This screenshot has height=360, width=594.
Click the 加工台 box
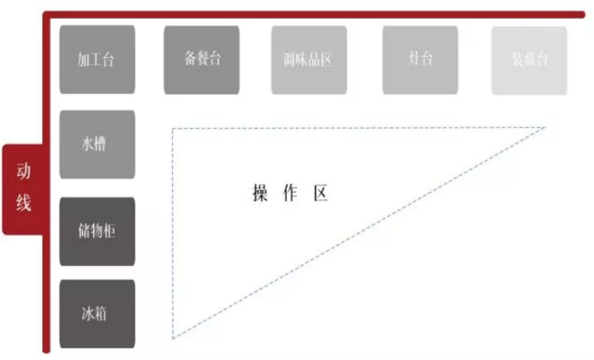[97, 59]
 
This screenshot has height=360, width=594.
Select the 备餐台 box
[201, 59]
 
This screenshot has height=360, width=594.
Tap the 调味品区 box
[308, 59]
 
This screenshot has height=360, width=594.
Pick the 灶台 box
[420, 59]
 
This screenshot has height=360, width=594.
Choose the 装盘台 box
[529, 59]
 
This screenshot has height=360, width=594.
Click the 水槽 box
[97, 145]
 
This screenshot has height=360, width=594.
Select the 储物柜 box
[97, 230]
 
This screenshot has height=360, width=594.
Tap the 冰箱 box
[97, 313]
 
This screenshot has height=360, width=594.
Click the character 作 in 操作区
[290, 195]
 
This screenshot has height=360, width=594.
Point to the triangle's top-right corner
[544, 128]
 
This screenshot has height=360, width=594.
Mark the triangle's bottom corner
[173, 337]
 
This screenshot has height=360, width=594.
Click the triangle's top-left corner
[173, 128]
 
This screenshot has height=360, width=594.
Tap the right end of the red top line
[582, 15]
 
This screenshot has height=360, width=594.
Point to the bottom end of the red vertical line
[45, 351]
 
